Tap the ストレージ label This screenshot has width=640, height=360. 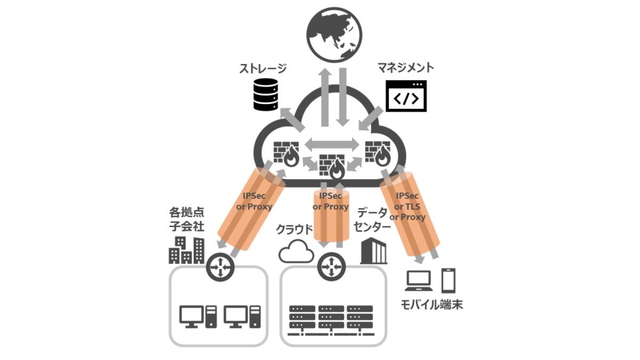click(x=262, y=68)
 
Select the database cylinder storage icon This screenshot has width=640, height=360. click(x=266, y=94)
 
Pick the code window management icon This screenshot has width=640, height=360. click(x=406, y=96)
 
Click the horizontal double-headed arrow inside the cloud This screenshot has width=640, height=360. click(x=332, y=143)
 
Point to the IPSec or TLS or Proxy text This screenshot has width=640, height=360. click(x=410, y=207)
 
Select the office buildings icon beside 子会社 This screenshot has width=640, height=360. click(x=186, y=250)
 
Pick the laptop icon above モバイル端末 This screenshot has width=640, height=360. click(x=419, y=281)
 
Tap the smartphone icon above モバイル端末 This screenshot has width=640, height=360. click(x=449, y=280)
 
